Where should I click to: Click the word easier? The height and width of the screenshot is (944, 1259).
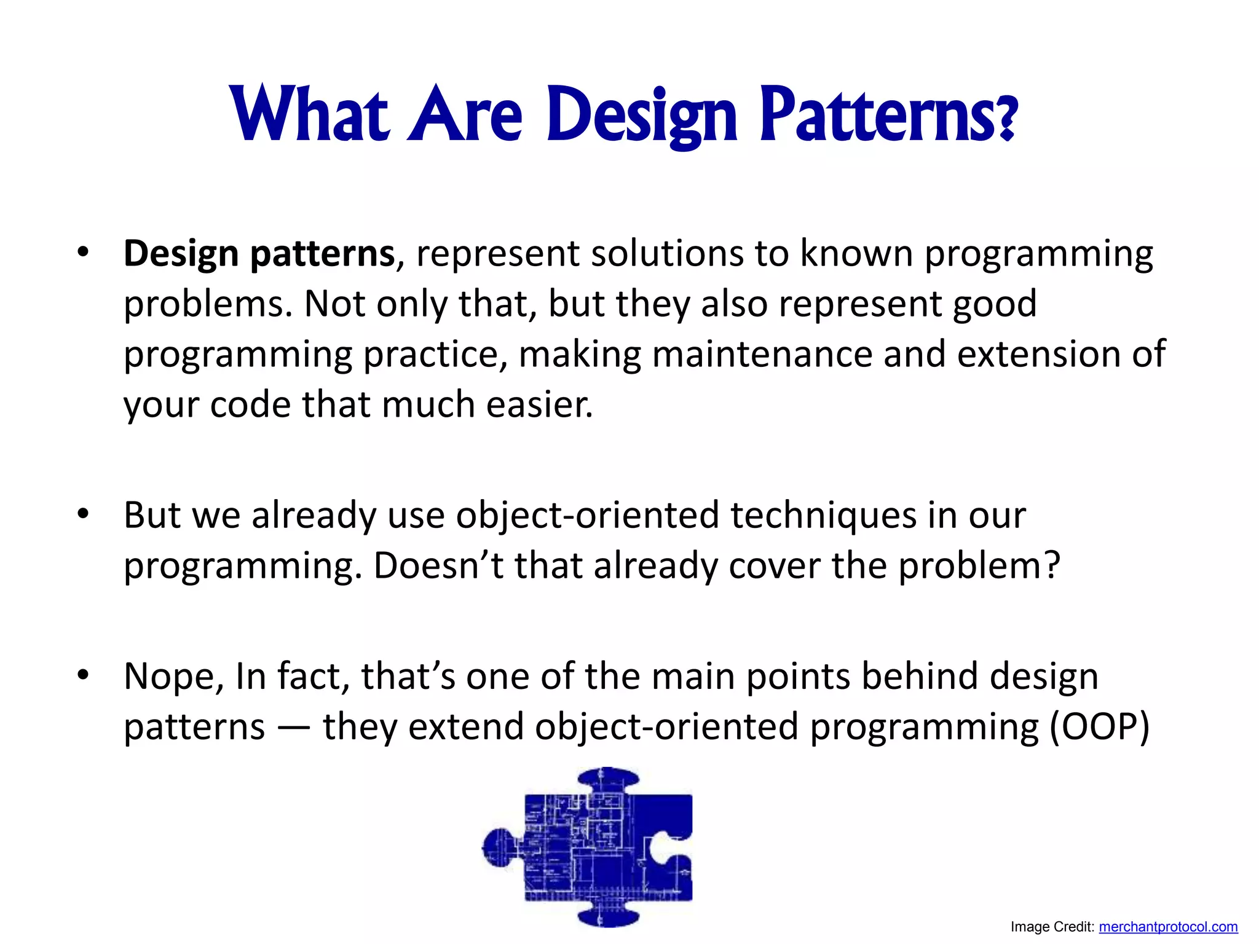[539, 405]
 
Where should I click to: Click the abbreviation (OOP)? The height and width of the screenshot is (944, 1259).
[1099, 727]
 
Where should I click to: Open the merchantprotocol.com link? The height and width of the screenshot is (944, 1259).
[1168, 927]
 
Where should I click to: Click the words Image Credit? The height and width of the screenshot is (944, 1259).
[1052, 927]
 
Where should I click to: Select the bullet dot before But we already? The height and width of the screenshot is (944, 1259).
[84, 514]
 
